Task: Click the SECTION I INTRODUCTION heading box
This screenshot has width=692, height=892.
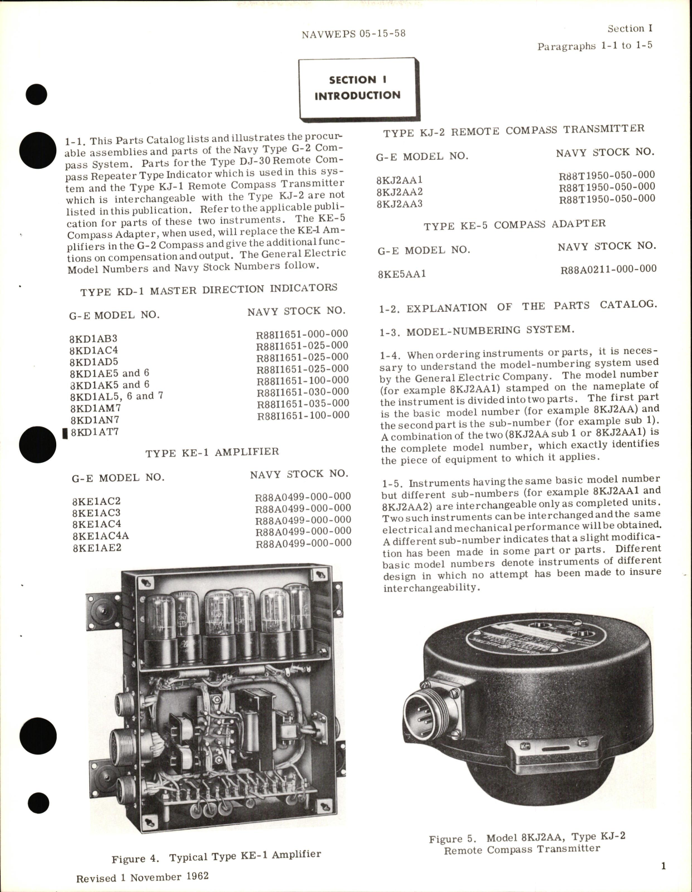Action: (x=357, y=88)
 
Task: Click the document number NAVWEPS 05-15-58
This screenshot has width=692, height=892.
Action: (x=354, y=33)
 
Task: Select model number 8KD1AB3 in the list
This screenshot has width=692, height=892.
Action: (x=93, y=339)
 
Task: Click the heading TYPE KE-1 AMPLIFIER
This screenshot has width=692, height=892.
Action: (x=212, y=452)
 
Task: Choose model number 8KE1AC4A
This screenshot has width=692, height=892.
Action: (x=100, y=536)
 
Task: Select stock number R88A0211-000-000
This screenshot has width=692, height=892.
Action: (x=608, y=269)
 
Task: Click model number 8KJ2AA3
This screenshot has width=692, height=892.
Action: (x=399, y=204)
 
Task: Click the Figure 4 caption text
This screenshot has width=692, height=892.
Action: (x=216, y=856)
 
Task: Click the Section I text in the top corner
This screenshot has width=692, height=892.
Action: (x=630, y=28)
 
